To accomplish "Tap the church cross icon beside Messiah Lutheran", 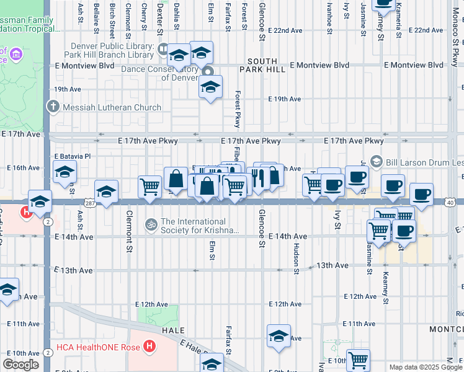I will pyautogui.click(x=54, y=107).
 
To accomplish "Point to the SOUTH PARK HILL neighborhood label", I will pyautogui.click(x=267, y=65).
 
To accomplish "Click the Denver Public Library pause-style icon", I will pyautogui.click(x=163, y=48).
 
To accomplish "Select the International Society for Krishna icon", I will pyautogui.click(x=151, y=223).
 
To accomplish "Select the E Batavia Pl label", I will pyautogui.click(x=73, y=156).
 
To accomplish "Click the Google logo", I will pyautogui.click(x=20, y=365).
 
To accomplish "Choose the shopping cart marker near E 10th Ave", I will pyautogui.click(x=359, y=360).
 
